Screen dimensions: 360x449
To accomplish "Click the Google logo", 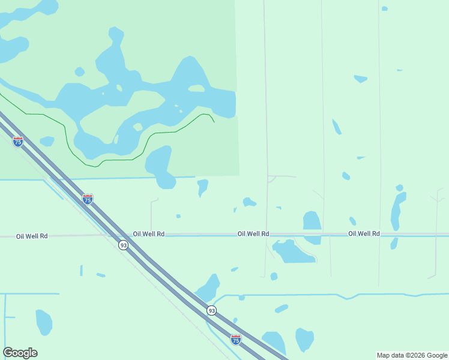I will (20, 353).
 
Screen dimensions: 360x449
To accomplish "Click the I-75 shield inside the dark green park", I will (18, 142).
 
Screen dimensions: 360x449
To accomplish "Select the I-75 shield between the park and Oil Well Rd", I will (88, 199).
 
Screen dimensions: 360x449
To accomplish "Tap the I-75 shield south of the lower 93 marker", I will (236, 340).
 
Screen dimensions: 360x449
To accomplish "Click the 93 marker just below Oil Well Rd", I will (123, 245).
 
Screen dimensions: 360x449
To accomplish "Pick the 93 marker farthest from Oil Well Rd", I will (211, 310).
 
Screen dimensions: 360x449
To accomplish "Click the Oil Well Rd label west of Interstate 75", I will (32, 236).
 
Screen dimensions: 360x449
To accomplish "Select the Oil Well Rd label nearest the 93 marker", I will (149, 234).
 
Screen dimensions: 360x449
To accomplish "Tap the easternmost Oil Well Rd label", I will (364, 233).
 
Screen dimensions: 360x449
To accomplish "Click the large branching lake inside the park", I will (150, 96).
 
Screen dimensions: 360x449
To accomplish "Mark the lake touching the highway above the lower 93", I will (209, 288).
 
